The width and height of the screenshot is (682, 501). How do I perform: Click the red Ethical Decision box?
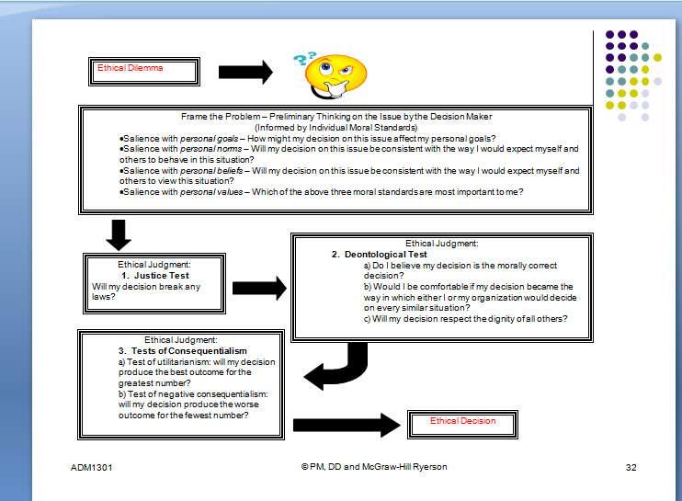point(462,422)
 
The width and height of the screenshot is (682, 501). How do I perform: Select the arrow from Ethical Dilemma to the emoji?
point(245,72)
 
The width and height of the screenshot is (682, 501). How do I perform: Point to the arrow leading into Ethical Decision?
point(348,424)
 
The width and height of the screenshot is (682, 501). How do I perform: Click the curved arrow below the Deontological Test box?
point(335,367)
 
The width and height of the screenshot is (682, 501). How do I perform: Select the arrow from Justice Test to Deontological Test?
point(259,289)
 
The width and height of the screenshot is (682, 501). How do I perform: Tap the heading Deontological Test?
point(379,255)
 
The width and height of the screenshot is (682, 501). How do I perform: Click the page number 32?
point(631,467)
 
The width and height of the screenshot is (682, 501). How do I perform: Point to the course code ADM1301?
point(91,467)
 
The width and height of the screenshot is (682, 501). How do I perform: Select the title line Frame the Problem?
point(335,118)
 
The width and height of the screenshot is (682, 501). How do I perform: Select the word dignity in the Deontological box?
point(482,319)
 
